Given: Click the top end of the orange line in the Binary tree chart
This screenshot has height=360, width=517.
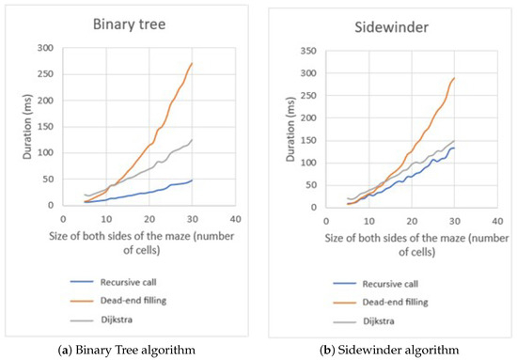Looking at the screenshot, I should [192, 64].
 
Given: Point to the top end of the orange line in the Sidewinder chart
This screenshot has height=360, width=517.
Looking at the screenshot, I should [455, 78].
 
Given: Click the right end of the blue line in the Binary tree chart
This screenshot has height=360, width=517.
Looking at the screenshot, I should [192, 180].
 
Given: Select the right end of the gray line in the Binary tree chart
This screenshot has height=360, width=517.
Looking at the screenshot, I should [192, 140].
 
